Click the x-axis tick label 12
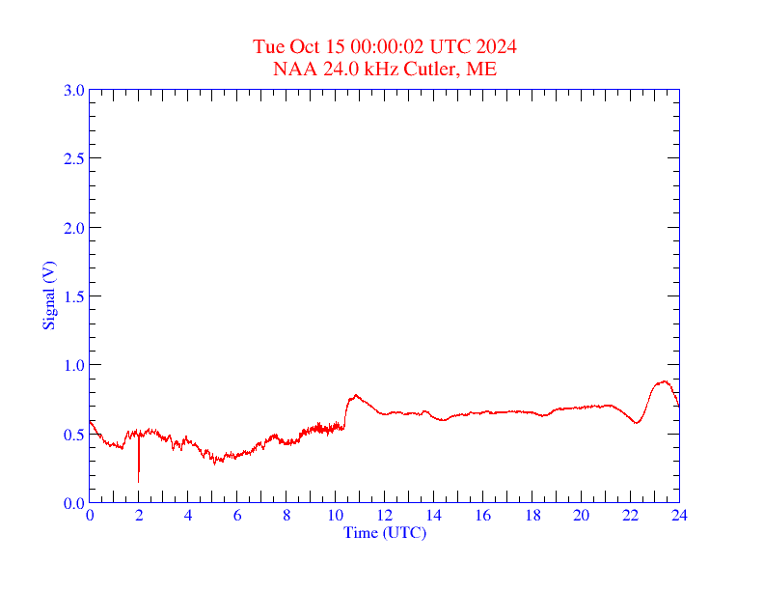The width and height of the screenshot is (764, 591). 385,517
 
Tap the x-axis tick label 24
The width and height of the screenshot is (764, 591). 679,517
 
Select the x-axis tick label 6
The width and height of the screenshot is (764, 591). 237,517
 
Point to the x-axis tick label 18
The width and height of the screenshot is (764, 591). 532,517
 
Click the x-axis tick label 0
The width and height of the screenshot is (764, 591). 90,517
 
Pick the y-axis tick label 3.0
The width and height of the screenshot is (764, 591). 73,90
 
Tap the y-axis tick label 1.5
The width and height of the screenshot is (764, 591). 73,296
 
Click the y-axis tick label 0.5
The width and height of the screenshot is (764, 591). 73,435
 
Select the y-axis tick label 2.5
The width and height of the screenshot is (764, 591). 73,158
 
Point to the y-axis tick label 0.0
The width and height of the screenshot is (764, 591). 73,503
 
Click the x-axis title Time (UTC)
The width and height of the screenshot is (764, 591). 384,532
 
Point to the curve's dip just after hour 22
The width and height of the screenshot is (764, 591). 637,423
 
